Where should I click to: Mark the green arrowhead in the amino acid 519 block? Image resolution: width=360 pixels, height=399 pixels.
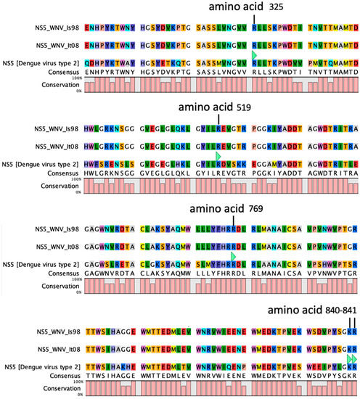click(x=218, y=157)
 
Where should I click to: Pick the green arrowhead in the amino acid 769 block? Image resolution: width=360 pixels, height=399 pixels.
click(x=232, y=258)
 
